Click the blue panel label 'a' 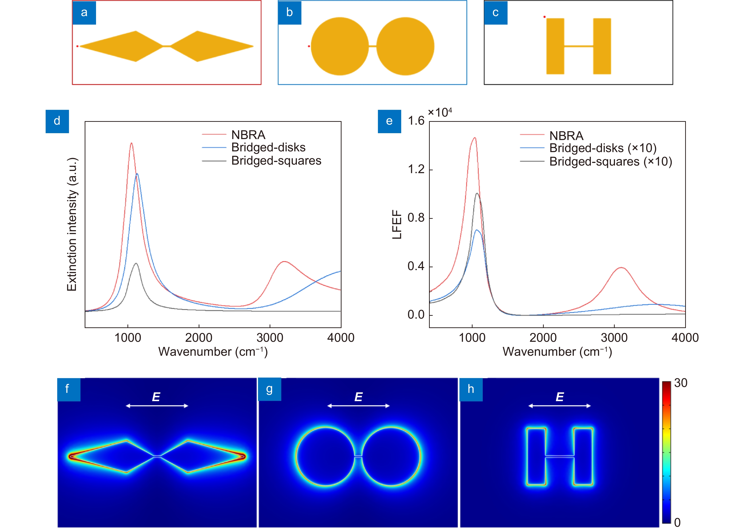pyautogui.click(x=84, y=13)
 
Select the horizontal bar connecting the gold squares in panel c pyautogui.click(x=578, y=46)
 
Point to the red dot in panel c pyautogui.click(x=544, y=17)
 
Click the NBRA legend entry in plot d pyautogui.click(x=248, y=135)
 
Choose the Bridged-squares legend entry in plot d pyautogui.click(x=276, y=161)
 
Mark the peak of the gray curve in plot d pyautogui.click(x=136, y=263)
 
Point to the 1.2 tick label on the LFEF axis pyautogui.click(x=416, y=169)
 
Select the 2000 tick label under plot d pyautogui.click(x=198, y=338)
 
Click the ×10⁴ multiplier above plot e pyautogui.click(x=440, y=113)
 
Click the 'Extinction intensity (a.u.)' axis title pyautogui.click(x=72, y=224)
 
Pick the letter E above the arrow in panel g pyautogui.click(x=358, y=397)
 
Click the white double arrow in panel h pyautogui.click(x=559, y=406)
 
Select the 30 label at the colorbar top pyautogui.click(x=681, y=383)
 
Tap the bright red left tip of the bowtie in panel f pyautogui.click(x=70, y=456)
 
